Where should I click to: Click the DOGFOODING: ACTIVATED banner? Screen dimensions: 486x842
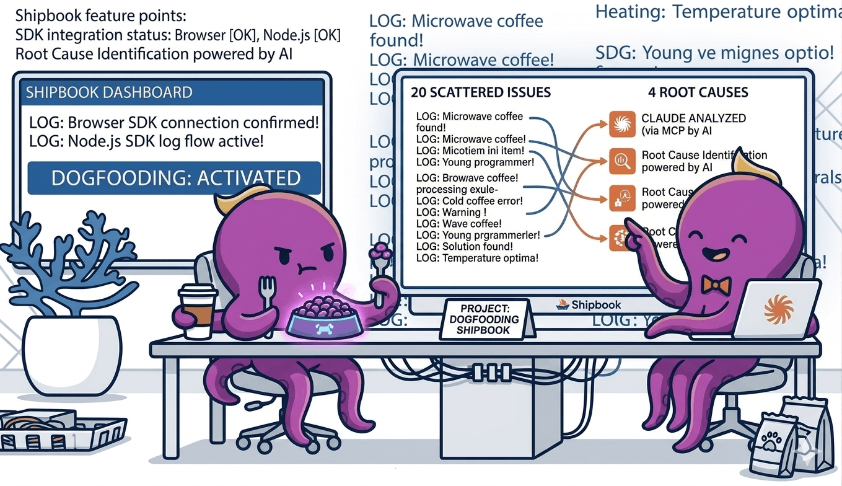point(175,179)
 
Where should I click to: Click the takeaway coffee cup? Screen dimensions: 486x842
point(198,311)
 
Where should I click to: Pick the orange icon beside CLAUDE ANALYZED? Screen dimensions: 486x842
point(622,124)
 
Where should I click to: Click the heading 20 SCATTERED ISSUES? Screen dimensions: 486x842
point(481,93)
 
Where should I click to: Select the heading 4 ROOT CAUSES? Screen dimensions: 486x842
point(698,93)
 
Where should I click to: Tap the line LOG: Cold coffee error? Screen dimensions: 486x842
point(470,201)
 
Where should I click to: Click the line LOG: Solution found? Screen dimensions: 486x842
point(465,247)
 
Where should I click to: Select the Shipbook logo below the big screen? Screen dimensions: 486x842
point(589,304)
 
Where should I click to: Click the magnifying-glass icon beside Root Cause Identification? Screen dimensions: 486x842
point(622,161)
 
